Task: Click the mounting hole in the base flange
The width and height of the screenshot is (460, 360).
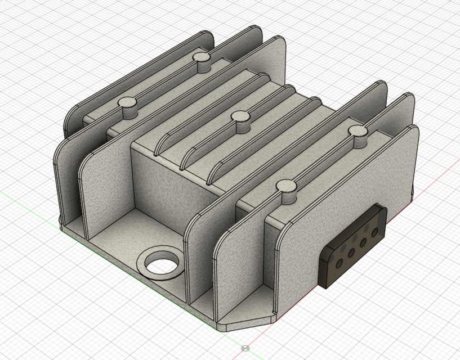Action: click(x=162, y=261)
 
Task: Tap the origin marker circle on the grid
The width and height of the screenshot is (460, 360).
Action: click(x=244, y=348)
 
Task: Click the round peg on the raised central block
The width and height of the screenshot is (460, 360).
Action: click(x=242, y=117)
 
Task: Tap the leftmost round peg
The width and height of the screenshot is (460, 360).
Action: click(x=128, y=103)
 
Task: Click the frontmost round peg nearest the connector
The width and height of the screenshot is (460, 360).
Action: click(x=287, y=186)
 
